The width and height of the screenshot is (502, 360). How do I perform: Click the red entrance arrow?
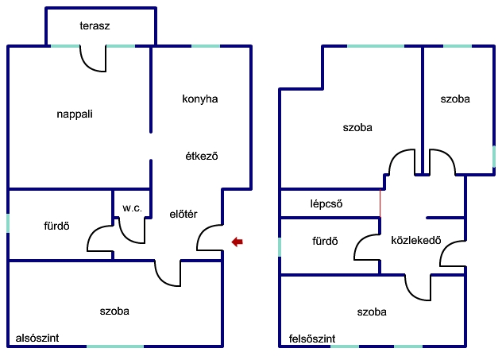[x=237, y=242]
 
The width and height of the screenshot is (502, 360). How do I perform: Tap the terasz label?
[x=95, y=25]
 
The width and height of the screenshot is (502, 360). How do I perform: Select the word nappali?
[x=75, y=114]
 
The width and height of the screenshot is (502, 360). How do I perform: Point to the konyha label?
[x=200, y=99]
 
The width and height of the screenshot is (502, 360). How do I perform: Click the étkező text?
[x=202, y=156]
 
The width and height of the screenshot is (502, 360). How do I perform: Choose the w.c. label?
[x=132, y=208]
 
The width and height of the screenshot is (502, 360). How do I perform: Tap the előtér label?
[x=183, y=214]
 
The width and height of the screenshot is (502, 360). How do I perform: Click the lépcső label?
[x=326, y=203]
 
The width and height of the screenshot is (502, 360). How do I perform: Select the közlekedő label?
[x=416, y=240]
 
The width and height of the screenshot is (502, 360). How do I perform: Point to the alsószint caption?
[x=37, y=338]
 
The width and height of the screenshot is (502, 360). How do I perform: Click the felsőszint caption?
[x=312, y=339]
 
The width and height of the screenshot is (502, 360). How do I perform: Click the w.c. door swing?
[x=132, y=230]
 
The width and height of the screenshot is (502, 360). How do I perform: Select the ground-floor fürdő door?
[x=100, y=238]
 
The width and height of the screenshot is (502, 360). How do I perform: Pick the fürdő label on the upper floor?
[x=325, y=241]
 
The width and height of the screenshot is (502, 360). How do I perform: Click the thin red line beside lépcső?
[x=380, y=203]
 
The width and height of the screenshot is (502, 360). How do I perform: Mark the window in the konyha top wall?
[x=206, y=46]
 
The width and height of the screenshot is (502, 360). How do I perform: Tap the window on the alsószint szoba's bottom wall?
[x=115, y=346]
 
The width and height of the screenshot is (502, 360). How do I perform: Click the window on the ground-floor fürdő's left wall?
[x=8, y=223]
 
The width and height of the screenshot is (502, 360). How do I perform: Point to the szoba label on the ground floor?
[x=114, y=311]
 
